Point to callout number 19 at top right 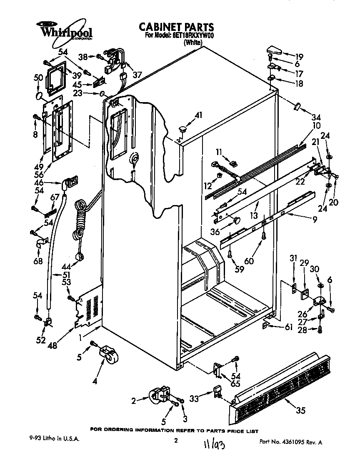click(299, 57)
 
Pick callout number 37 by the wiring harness click(137, 75)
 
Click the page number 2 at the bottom click(176, 440)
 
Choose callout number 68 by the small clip click(38, 262)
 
